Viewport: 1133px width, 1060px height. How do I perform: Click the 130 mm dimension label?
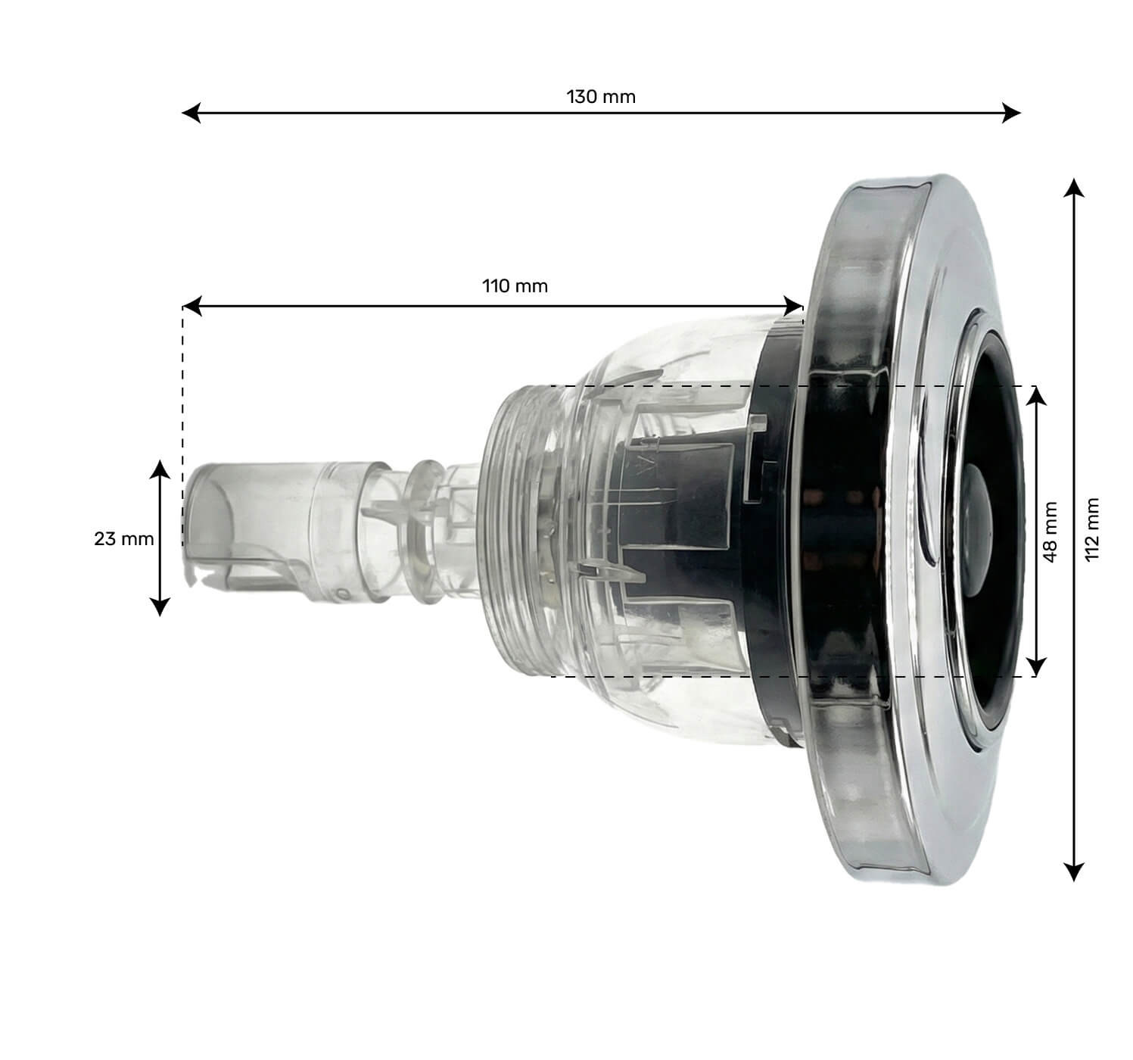click(x=601, y=97)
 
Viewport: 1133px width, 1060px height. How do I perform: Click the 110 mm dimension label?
click(x=515, y=286)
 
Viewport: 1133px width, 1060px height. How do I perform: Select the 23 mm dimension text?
click(x=123, y=539)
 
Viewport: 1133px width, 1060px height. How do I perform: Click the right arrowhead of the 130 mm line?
click(x=1012, y=114)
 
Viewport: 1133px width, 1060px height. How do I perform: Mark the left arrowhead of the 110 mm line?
click(x=191, y=307)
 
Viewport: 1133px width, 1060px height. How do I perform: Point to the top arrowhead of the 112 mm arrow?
click(x=1072, y=188)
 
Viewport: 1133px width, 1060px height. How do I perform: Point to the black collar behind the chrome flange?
click(x=780, y=530)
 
